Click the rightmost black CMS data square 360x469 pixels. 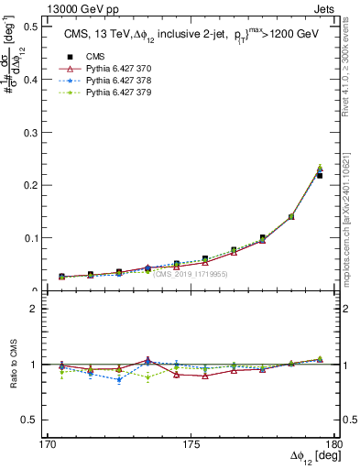click(320, 175)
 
